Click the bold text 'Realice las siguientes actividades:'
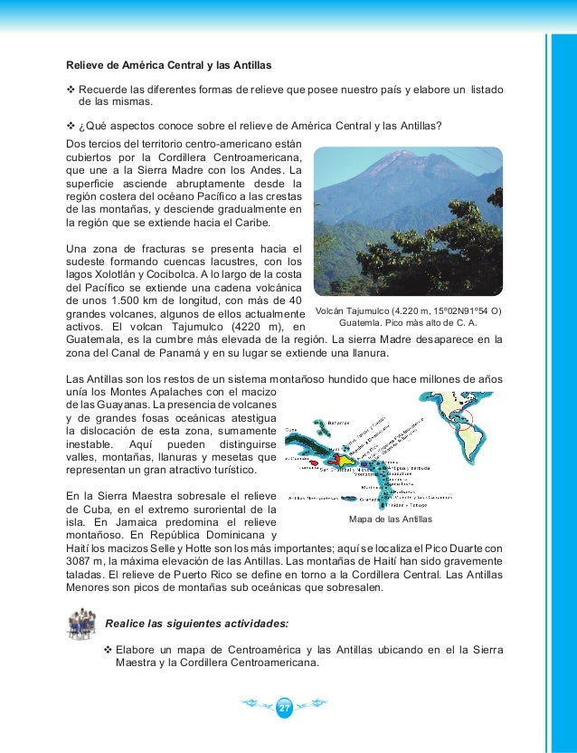click(x=197, y=624)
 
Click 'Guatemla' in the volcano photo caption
click(x=363, y=322)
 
